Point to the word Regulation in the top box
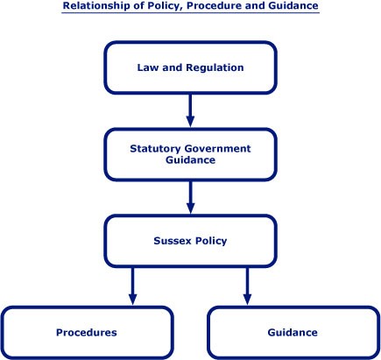coord(215,67)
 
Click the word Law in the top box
coord(148,67)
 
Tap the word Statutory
coord(155,149)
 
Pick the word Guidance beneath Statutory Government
coord(190,160)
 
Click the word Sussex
coord(173,241)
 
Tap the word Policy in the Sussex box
coord(211,241)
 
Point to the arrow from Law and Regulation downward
coord(190,110)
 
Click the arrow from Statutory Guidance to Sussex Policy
coord(190,197)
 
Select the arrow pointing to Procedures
coord(133,286)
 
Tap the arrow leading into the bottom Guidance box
coord(247,286)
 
